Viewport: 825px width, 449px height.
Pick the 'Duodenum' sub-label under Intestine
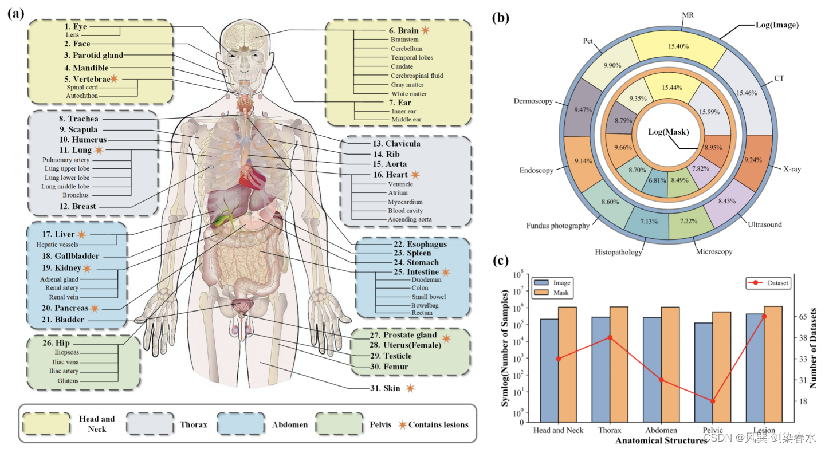coord(427,280)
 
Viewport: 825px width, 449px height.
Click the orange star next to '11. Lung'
coord(99,150)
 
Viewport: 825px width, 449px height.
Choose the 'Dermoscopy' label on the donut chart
coord(534,101)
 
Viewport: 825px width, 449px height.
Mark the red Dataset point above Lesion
coord(764,316)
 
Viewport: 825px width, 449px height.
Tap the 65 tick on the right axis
coord(803,316)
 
